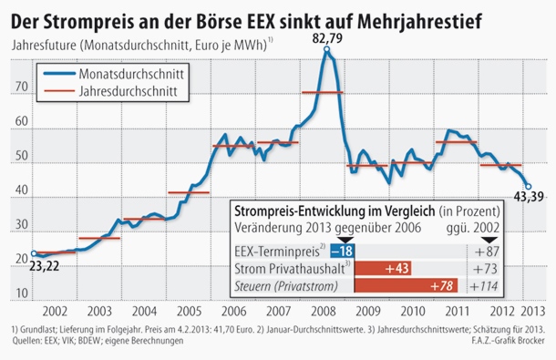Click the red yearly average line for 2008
[x=322, y=93]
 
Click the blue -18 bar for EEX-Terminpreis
[x=342, y=251]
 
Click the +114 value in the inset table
[x=489, y=286]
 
